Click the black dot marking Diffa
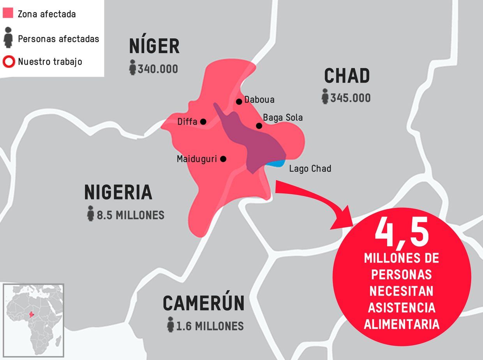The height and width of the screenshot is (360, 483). tap(203, 122)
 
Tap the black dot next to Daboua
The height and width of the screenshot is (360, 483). tap(239, 102)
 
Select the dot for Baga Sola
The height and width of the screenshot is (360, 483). tap(259, 125)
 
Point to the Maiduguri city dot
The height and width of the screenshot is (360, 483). tap(223, 159)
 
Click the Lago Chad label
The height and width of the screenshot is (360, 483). tap(310, 169)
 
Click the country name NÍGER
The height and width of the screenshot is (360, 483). tap(154, 47)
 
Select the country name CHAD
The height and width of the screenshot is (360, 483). tap(347, 76)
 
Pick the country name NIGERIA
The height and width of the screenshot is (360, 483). tap(118, 192)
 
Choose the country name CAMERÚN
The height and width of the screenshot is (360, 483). tap(203, 304)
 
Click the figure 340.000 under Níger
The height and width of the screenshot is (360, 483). tap(157, 69)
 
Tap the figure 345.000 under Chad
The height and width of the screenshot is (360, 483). tap(350, 98)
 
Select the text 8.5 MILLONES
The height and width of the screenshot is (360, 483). tap(130, 215)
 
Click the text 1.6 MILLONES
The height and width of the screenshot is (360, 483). tap(210, 326)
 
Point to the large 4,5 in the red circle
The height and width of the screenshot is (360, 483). tap(402, 233)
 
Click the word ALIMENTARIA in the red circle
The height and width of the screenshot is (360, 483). tap(402, 325)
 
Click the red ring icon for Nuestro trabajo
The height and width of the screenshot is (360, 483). tap(8, 62)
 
